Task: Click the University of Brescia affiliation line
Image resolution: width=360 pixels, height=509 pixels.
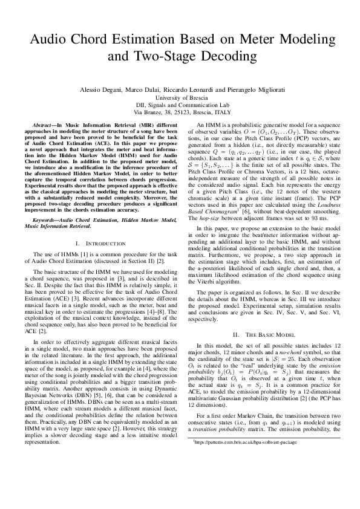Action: click(180, 97)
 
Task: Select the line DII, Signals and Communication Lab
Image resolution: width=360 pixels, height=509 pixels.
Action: click(180, 105)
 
